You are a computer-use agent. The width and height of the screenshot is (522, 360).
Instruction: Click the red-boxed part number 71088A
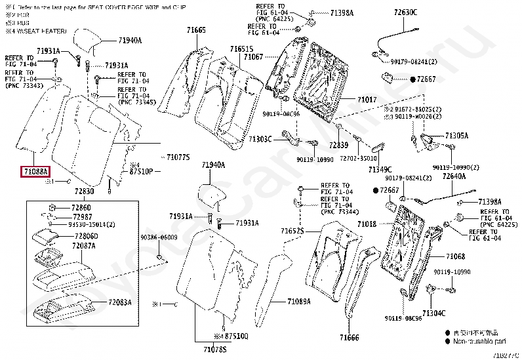point(35,172)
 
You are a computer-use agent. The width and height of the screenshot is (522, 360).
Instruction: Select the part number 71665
point(195,30)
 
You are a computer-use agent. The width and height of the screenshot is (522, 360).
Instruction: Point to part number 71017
point(367,100)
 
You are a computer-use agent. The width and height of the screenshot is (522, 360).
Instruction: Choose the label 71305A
point(456,136)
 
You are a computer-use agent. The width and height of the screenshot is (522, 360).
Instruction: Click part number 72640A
point(454,176)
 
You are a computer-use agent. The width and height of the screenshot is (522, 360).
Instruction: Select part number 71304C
point(434,313)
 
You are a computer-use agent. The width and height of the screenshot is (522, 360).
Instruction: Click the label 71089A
point(298,301)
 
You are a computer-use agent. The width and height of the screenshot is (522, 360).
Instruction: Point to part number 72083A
point(120,302)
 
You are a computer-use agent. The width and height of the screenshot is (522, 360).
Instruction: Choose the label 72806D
point(86,236)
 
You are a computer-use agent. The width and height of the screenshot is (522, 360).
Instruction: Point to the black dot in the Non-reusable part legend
point(447,342)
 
